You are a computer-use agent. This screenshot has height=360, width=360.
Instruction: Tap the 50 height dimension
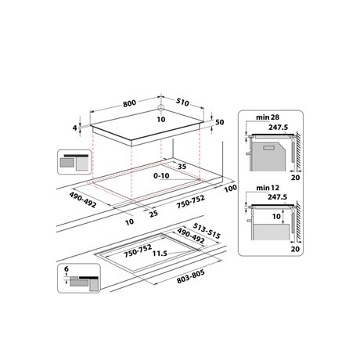(x=221, y=123)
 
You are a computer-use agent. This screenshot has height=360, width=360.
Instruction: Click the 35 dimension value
(x=182, y=167)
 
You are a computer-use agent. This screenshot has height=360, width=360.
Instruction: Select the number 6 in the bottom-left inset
(x=67, y=268)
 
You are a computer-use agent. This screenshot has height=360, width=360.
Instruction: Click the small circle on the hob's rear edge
(x=160, y=108)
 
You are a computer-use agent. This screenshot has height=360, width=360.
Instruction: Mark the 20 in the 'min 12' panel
(x=294, y=248)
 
